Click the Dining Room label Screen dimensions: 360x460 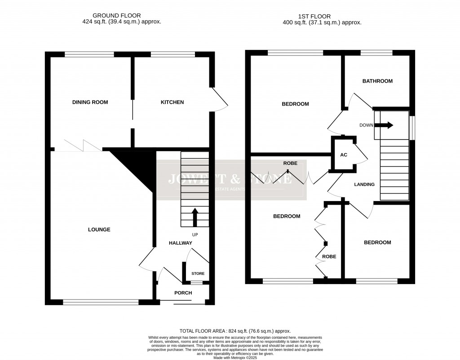[x=90, y=102]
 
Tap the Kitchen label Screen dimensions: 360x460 [x=172, y=102]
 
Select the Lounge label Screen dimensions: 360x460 [x=99, y=229]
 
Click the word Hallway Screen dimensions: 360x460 [x=180, y=243]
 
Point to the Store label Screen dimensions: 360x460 [x=198, y=273]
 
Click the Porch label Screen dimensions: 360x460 [x=183, y=293]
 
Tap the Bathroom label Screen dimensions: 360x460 [x=377, y=81]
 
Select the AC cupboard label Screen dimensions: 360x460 [x=344, y=155]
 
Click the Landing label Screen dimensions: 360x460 [x=364, y=184]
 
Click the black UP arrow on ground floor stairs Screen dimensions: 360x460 [x=195, y=217]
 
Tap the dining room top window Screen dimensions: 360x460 [x=89, y=54]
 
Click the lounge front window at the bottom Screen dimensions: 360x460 [x=101, y=303]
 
